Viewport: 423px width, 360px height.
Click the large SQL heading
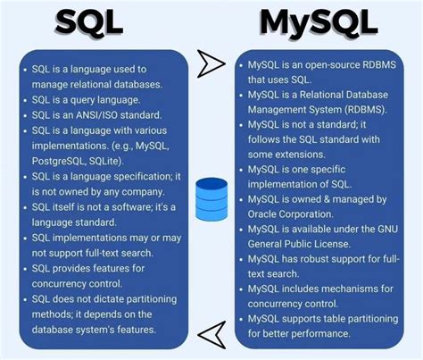click(x=89, y=22)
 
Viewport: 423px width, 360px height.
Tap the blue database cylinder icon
click(x=211, y=199)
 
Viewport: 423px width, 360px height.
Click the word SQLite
click(x=105, y=161)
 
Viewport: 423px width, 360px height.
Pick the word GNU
click(x=387, y=229)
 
